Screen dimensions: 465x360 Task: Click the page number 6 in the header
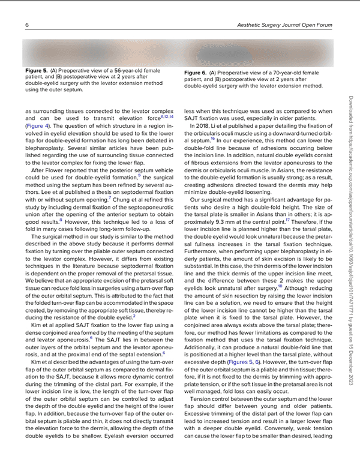point(28,25)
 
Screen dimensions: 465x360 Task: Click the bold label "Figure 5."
point(37,70)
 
